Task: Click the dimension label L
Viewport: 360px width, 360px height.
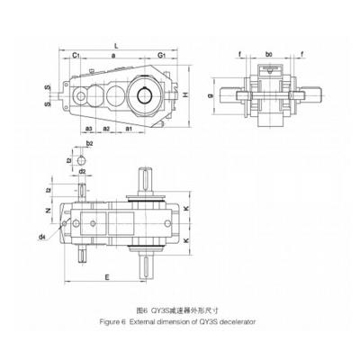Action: [x=116, y=42]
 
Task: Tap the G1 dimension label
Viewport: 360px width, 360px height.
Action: [x=160, y=55]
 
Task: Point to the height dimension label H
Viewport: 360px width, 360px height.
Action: [x=184, y=94]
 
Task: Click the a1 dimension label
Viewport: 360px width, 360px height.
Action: [x=130, y=130]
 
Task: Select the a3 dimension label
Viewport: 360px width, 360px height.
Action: [x=89, y=130]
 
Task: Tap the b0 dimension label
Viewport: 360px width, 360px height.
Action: [x=269, y=55]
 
